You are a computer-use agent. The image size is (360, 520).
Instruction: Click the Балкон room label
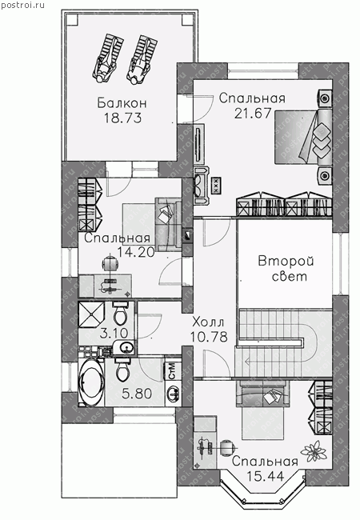122,103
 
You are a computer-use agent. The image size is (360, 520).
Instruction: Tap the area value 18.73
123,118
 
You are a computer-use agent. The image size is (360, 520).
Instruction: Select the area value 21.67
253,113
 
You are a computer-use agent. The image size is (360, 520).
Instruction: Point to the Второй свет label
286,269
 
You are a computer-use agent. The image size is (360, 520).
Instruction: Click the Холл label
208,322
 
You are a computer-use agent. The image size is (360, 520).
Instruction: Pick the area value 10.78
209,337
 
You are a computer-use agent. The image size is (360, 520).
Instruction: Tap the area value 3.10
114,333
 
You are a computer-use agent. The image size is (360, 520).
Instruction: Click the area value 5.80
137,394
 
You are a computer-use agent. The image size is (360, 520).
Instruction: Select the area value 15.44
266,476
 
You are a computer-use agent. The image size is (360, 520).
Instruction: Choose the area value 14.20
136,253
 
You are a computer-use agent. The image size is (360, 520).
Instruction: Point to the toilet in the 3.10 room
120,313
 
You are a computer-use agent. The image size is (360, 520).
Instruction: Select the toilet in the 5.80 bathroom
122,369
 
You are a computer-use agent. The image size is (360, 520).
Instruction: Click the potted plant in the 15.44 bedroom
313,450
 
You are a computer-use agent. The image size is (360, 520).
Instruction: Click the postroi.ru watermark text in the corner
22,5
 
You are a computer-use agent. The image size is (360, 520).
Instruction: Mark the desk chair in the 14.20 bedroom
110,264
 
